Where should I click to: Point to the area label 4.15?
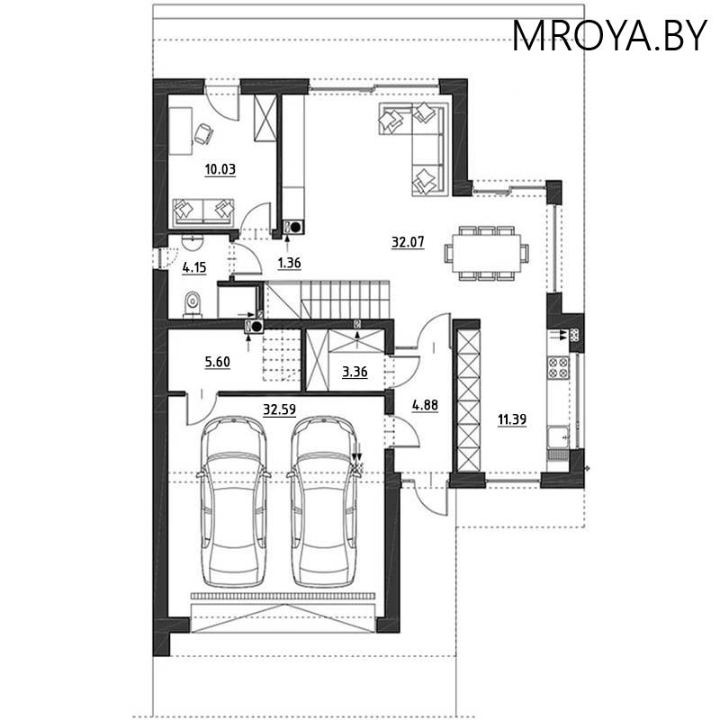click(194, 267)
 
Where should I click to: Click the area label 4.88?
click(425, 405)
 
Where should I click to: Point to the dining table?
click(486, 253)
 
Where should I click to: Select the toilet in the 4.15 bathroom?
click(191, 305)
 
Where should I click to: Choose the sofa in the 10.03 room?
click(203, 211)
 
